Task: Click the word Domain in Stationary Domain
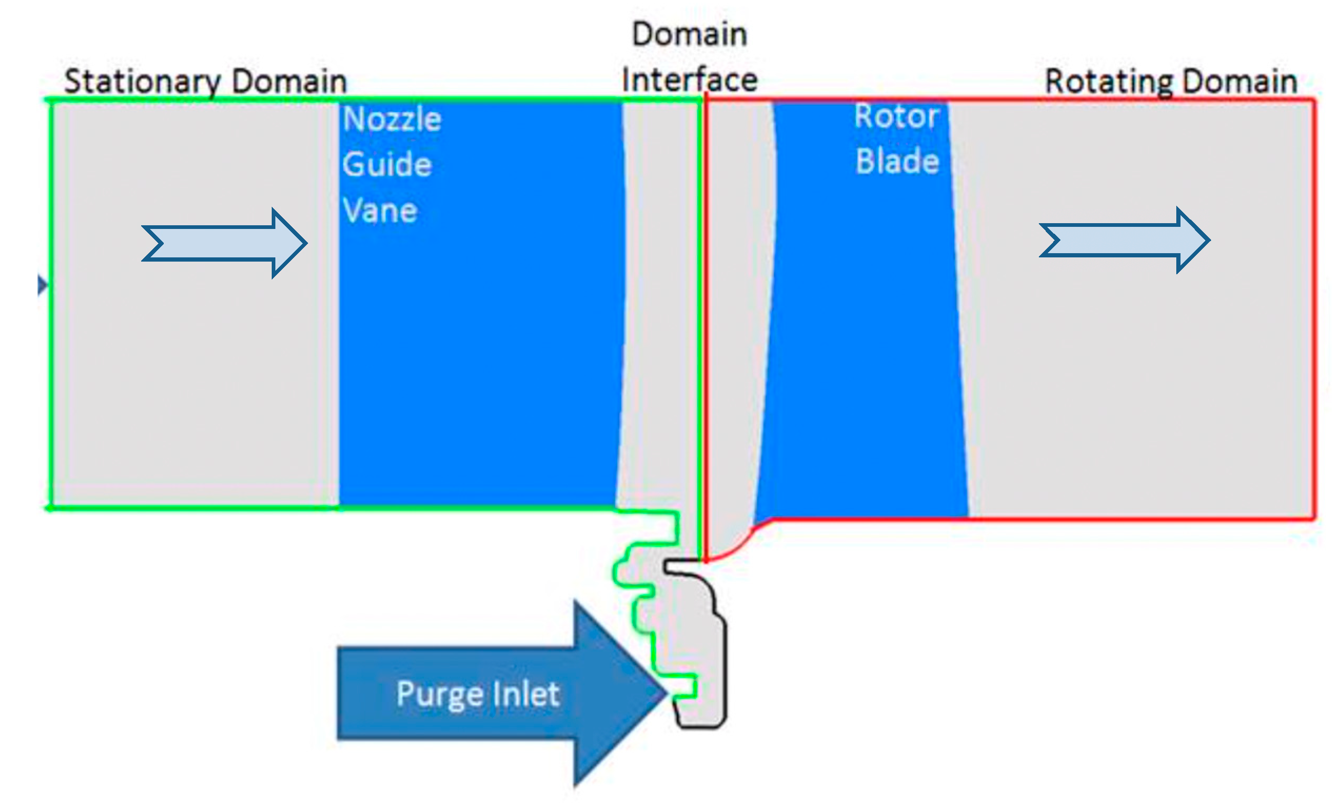pyautogui.click(x=289, y=82)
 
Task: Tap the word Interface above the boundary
pyautogui.click(x=689, y=81)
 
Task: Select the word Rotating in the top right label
pyautogui.click(x=1108, y=82)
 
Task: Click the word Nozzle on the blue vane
pyautogui.click(x=392, y=119)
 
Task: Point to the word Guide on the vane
pyautogui.click(x=387, y=164)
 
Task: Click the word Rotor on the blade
pyautogui.click(x=896, y=116)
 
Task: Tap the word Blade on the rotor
pyautogui.click(x=897, y=162)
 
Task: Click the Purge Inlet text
pyautogui.click(x=478, y=694)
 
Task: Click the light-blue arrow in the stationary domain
pyautogui.click(x=224, y=243)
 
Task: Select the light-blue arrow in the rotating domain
pyautogui.click(x=1124, y=239)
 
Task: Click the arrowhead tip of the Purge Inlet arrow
pyautogui.click(x=664, y=693)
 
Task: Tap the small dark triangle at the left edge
pyautogui.click(x=42, y=285)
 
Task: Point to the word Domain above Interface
pyautogui.click(x=689, y=35)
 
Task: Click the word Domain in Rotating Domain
pyautogui.click(x=1239, y=82)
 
